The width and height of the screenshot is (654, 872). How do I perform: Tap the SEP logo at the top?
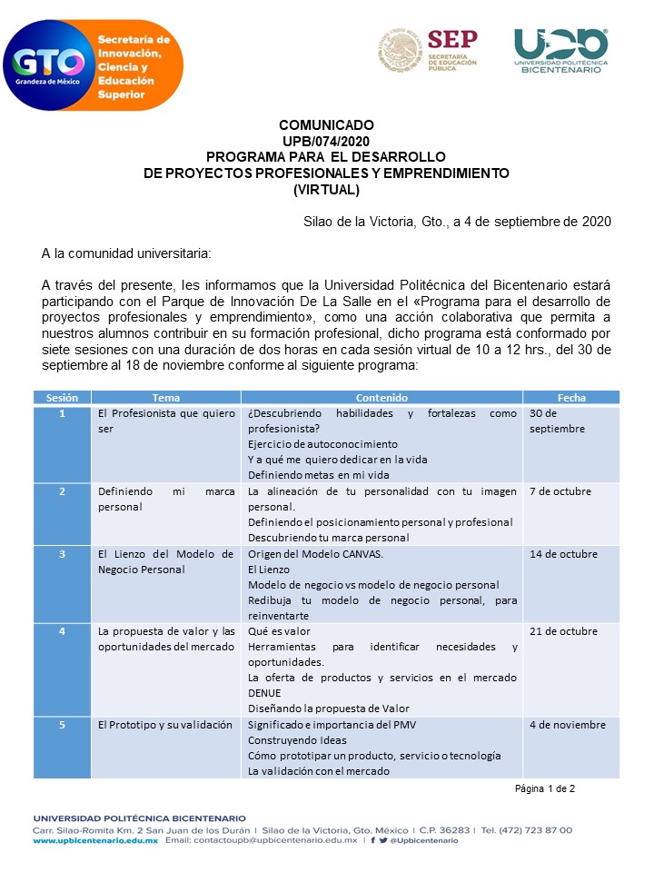(x=428, y=51)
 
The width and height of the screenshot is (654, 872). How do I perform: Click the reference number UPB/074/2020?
(x=327, y=140)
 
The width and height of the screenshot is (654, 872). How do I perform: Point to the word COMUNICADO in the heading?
(x=326, y=125)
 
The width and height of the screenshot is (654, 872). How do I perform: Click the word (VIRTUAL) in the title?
(x=327, y=189)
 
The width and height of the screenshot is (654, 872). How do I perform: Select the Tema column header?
(x=165, y=398)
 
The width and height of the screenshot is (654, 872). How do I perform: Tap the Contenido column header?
(x=381, y=398)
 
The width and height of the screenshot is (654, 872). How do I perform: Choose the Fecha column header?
(x=571, y=398)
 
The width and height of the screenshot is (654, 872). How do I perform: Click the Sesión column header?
(x=62, y=398)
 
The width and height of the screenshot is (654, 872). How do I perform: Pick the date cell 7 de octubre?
(x=560, y=491)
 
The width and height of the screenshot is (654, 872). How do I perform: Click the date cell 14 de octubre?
(x=562, y=553)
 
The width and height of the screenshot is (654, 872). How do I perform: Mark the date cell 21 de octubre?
(x=562, y=631)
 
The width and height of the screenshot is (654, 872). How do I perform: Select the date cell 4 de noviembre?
(x=567, y=724)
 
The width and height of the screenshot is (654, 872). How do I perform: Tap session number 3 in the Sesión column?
(x=62, y=553)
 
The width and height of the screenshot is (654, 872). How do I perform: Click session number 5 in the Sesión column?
(x=62, y=724)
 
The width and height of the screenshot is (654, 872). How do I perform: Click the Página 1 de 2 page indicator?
(x=545, y=788)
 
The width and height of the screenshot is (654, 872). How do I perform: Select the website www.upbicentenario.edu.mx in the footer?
(x=95, y=841)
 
